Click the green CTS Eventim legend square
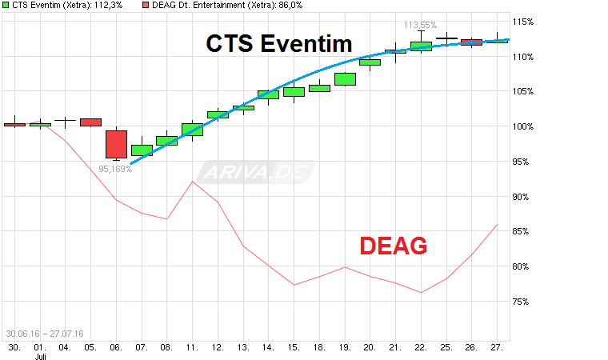pos(6,6)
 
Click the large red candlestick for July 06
pos(117,144)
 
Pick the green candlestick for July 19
pos(345,78)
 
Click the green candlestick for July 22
pos(421,46)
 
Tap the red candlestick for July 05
pos(91,122)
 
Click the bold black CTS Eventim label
pos(279,43)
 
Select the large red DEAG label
pos(393,246)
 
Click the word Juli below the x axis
pos(40,358)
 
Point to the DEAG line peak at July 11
pos(193,181)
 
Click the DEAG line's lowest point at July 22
pos(421,293)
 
